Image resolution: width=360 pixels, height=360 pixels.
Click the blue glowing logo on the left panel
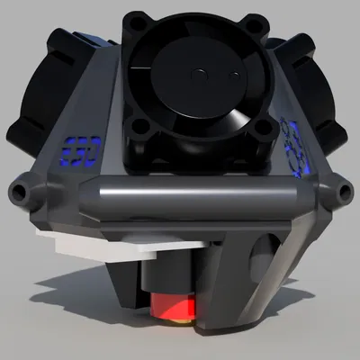coord(81,148)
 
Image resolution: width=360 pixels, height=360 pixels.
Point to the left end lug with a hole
coord(20,192)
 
